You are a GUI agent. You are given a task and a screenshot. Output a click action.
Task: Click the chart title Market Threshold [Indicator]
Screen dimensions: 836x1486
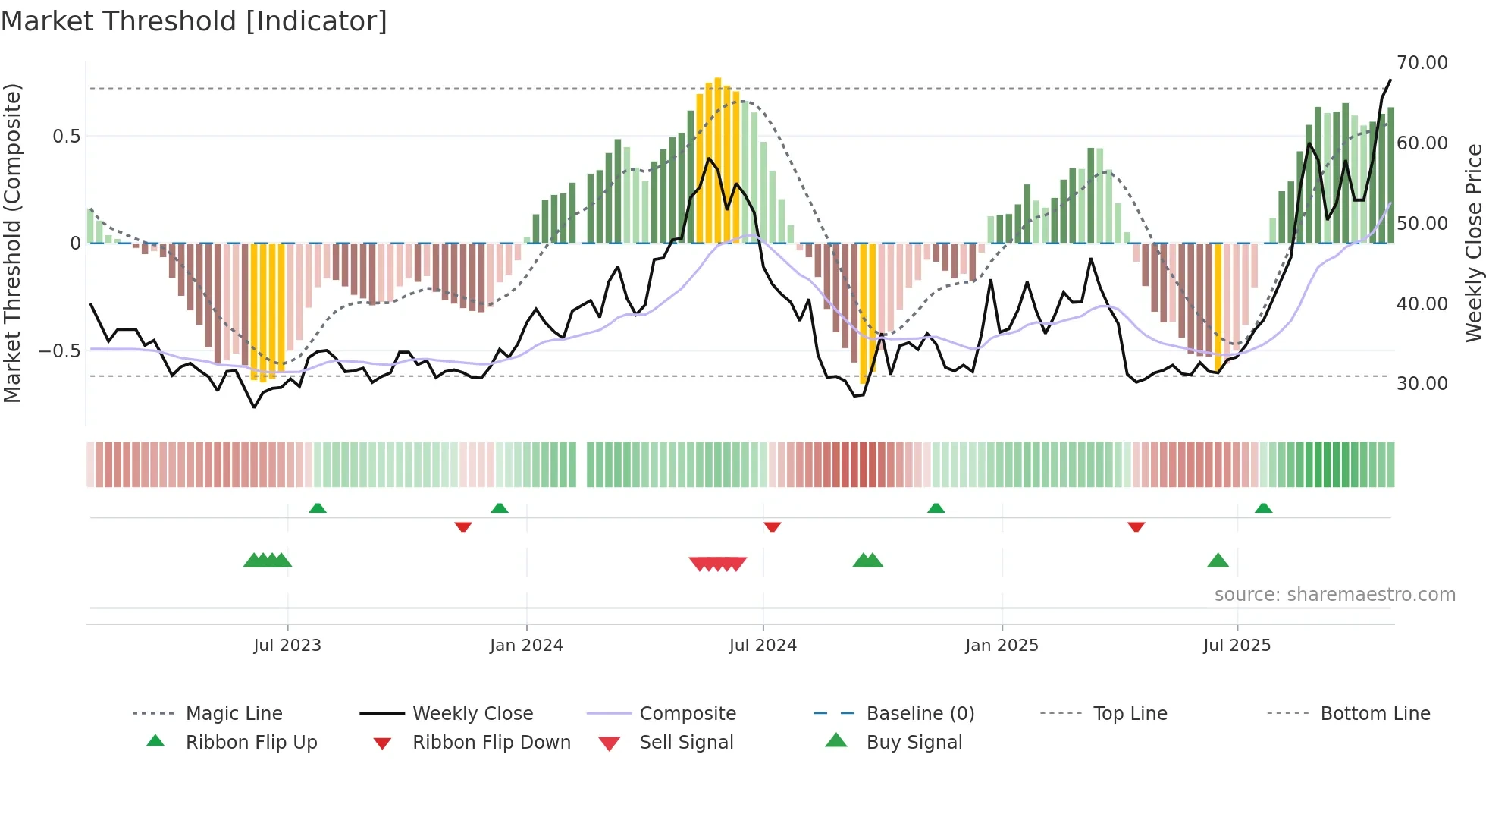point(194,21)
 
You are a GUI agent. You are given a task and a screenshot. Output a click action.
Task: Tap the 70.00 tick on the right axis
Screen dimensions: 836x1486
point(1422,63)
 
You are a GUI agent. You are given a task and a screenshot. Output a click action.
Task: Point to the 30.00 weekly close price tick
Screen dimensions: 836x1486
point(1422,384)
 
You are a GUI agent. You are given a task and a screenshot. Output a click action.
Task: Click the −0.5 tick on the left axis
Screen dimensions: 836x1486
point(60,351)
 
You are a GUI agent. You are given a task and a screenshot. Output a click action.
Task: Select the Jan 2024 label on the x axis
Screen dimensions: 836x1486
point(526,646)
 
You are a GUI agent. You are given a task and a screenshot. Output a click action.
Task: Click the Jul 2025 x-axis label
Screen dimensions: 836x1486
point(1237,646)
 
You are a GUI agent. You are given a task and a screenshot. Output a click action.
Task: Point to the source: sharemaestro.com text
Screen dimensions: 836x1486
point(1334,595)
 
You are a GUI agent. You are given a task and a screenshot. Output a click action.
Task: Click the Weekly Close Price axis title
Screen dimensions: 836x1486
point(1473,243)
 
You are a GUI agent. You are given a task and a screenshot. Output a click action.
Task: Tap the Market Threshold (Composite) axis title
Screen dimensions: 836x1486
point(12,243)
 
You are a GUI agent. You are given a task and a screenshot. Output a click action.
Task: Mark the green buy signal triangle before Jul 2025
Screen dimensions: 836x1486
point(1218,561)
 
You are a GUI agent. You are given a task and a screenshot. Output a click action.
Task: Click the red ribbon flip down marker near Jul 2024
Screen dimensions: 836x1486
point(772,526)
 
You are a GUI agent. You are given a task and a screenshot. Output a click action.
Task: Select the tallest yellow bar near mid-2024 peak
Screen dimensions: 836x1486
point(718,159)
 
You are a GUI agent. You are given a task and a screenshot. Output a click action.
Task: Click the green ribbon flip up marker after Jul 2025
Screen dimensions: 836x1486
point(1263,508)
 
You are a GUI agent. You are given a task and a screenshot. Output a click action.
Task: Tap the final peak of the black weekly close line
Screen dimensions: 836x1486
point(1390,80)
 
